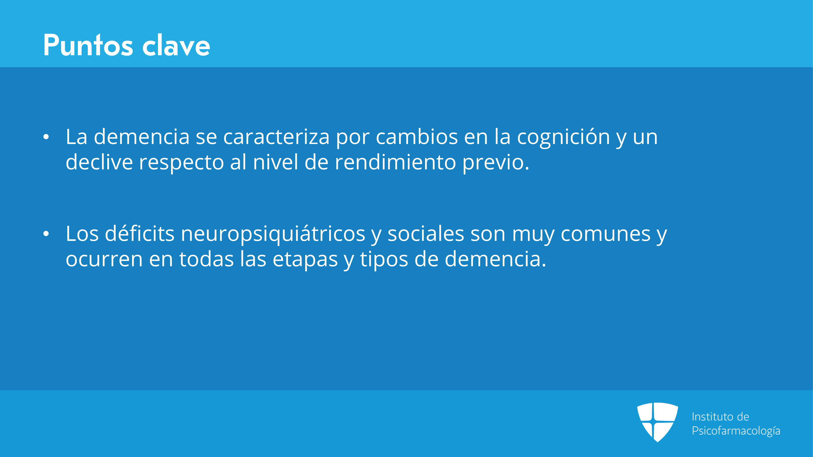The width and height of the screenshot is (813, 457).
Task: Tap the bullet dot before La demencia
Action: click(x=46, y=137)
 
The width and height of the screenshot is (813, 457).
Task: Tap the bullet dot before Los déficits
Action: click(x=46, y=234)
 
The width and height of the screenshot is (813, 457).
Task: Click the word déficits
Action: click(x=140, y=234)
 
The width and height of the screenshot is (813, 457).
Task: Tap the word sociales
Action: click(x=426, y=234)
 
